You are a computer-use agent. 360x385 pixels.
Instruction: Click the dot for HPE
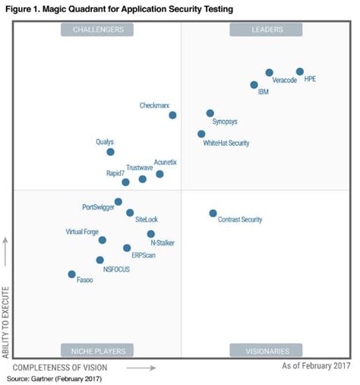pos(300,72)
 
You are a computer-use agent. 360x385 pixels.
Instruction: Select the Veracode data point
pos(270,73)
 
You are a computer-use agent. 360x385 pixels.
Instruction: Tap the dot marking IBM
pos(254,84)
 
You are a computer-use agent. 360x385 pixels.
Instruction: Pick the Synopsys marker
pos(210,113)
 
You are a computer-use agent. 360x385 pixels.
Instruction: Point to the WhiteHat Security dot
pos(201,134)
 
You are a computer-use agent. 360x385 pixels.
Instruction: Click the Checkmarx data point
pos(173,115)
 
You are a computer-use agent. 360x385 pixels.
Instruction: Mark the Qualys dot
pos(111,152)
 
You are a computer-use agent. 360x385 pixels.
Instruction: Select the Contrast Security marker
pos(213,213)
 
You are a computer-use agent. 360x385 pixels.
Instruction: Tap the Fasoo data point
pos(72,274)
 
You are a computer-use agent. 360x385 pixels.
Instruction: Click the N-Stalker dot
pos(151,234)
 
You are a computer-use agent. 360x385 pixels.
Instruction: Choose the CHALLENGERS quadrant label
pos(98,30)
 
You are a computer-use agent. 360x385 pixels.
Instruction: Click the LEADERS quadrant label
pos(266,30)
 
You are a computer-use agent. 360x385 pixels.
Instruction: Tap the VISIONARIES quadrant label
pos(267,351)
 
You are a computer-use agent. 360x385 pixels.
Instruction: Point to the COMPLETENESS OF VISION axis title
pos(68,367)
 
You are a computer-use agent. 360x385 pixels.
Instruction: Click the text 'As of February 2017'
pos(316,366)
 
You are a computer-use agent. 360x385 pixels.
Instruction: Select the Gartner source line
pos(54,378)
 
